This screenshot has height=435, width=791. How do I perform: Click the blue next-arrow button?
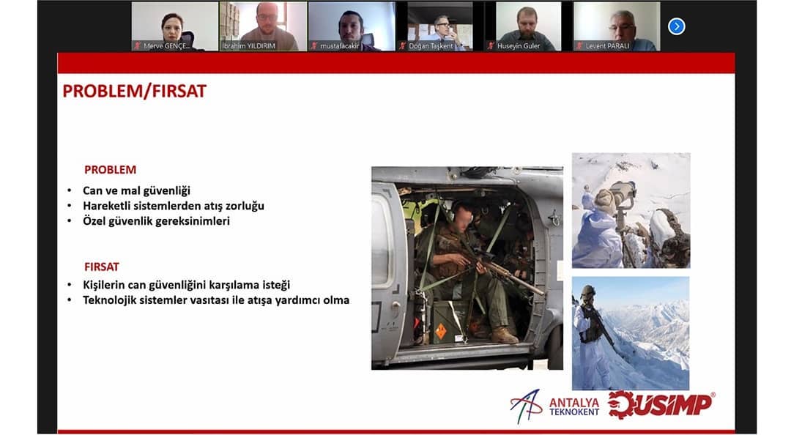677,26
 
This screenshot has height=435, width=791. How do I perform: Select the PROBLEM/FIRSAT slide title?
134,92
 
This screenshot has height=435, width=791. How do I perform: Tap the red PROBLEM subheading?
110,170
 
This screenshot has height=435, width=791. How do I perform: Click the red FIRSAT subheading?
101,267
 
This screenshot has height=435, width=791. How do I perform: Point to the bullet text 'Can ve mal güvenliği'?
137,190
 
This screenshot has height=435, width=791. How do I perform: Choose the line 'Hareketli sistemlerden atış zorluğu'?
174,206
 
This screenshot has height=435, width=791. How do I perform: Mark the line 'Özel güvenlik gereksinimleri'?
157,221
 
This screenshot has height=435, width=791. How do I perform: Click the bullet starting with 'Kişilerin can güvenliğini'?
187,285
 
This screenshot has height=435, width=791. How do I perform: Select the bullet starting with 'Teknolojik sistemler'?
216,300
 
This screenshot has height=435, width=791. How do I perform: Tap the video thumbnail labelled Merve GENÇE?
175,26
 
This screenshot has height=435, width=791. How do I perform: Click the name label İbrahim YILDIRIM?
249,46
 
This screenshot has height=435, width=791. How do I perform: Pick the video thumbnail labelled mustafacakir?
352,26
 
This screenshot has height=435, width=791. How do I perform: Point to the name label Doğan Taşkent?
431,46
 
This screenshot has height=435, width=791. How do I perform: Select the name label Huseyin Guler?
519,46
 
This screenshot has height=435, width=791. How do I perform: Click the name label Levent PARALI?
607,46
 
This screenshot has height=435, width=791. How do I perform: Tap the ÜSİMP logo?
661,405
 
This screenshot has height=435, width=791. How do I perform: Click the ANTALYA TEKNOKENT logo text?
574,407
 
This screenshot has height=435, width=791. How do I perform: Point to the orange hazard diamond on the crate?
441,331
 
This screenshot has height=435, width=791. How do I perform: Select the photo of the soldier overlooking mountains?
631,333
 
